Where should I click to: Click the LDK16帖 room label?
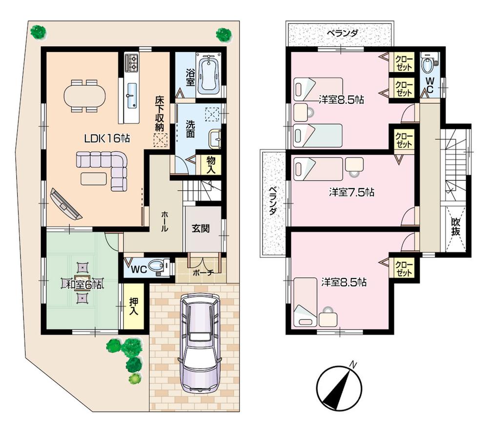coord(106,138)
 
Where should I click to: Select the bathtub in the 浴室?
coord(208,75)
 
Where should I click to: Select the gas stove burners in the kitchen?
coord(132,62)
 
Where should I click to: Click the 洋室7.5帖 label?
coord(351,192)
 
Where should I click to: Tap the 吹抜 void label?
coord(455,227)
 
